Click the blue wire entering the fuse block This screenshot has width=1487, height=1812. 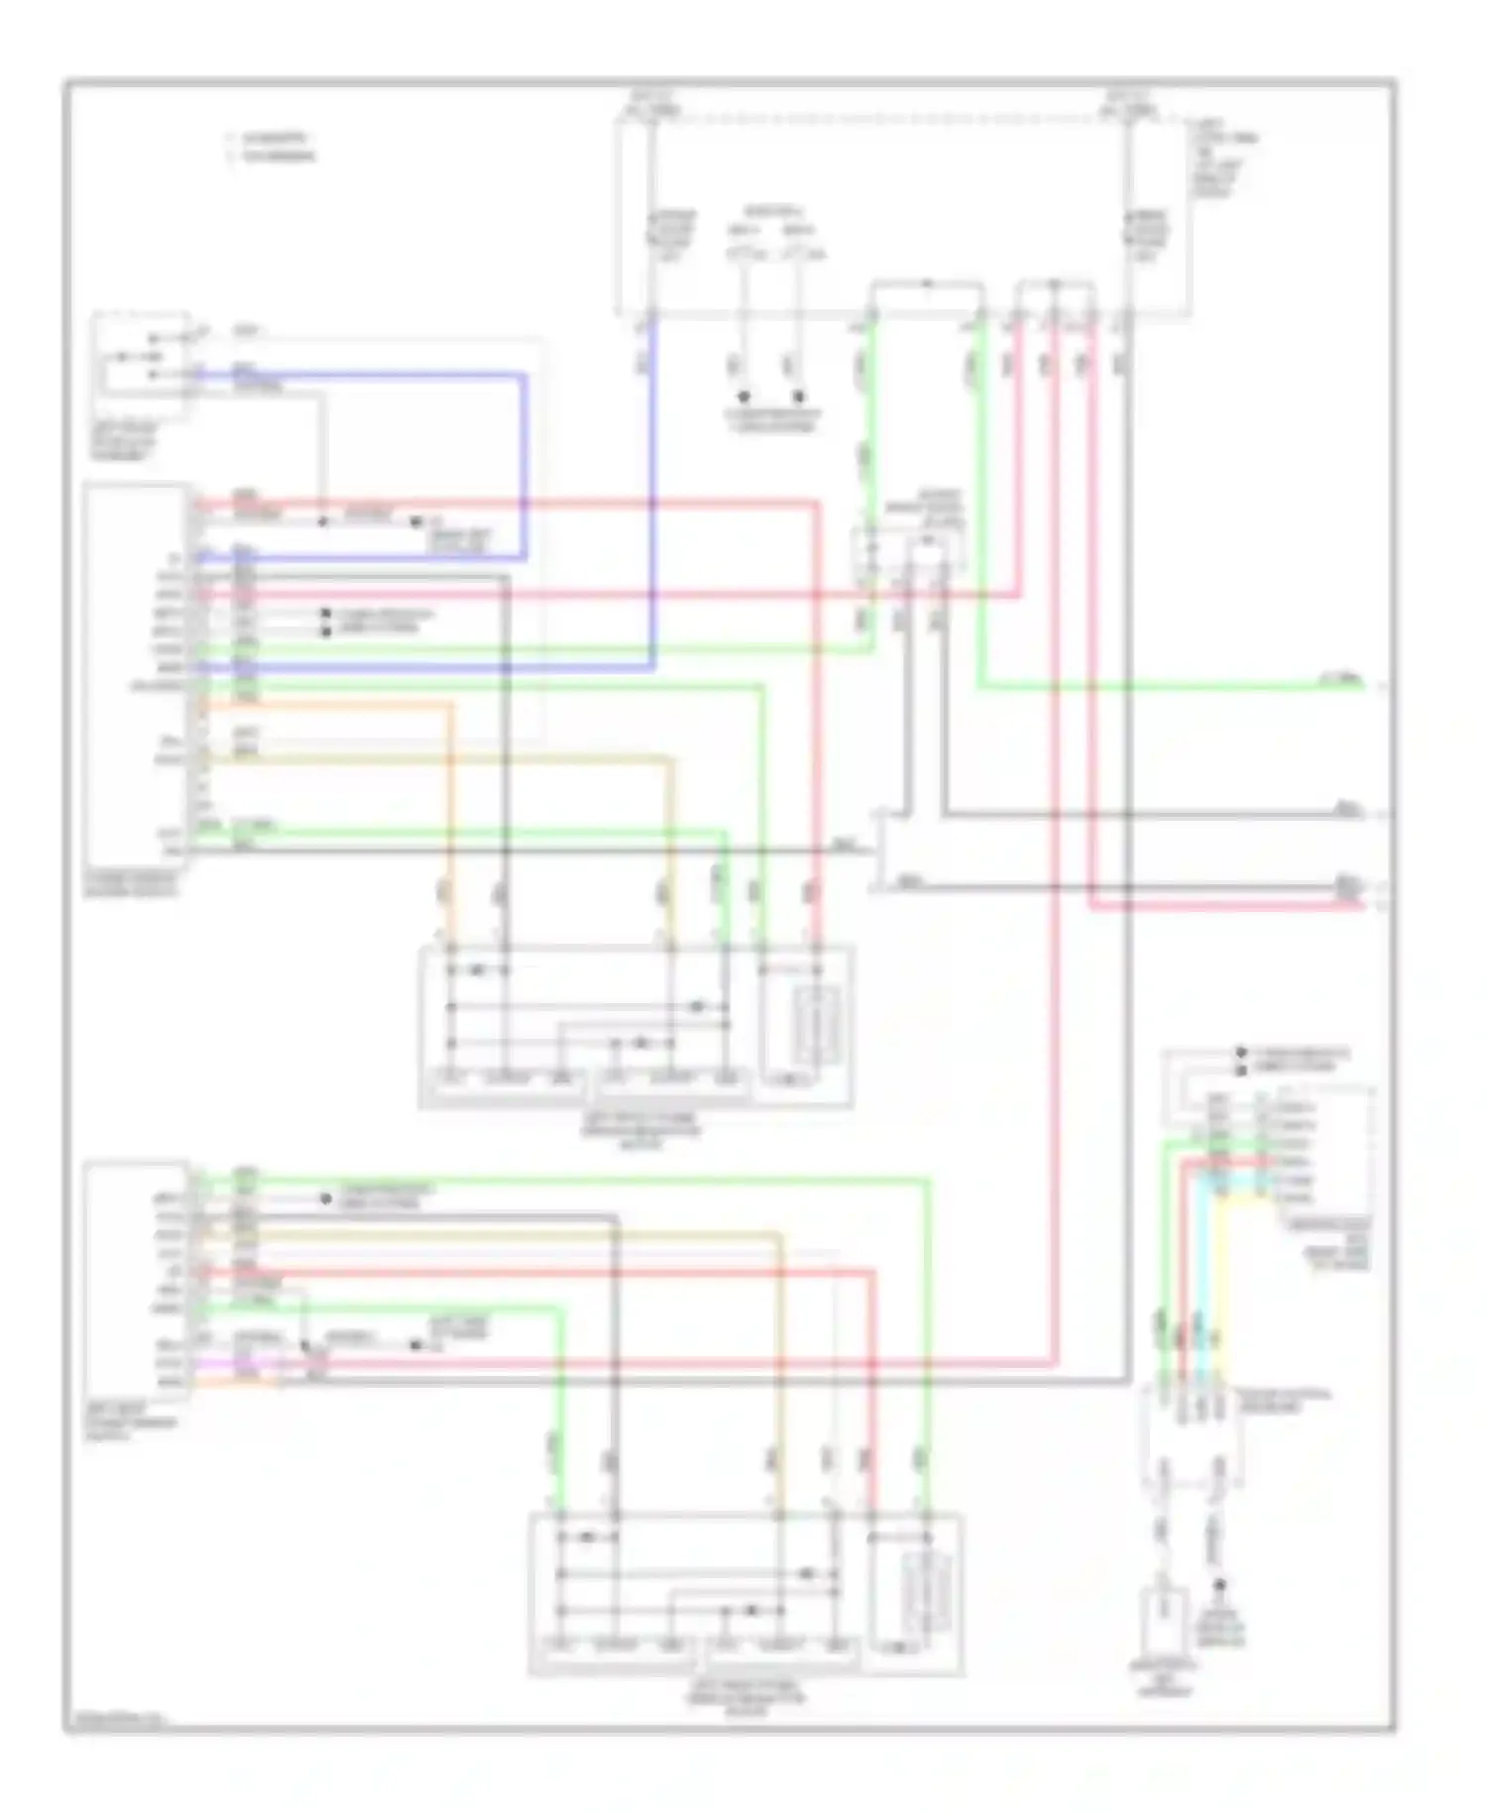tap(652, 496)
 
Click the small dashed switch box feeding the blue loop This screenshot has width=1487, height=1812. tap(141, 354)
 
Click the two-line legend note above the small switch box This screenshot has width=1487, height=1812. tap(271, 147)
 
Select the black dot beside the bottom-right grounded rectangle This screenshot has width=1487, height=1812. tap(1221, 1585)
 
